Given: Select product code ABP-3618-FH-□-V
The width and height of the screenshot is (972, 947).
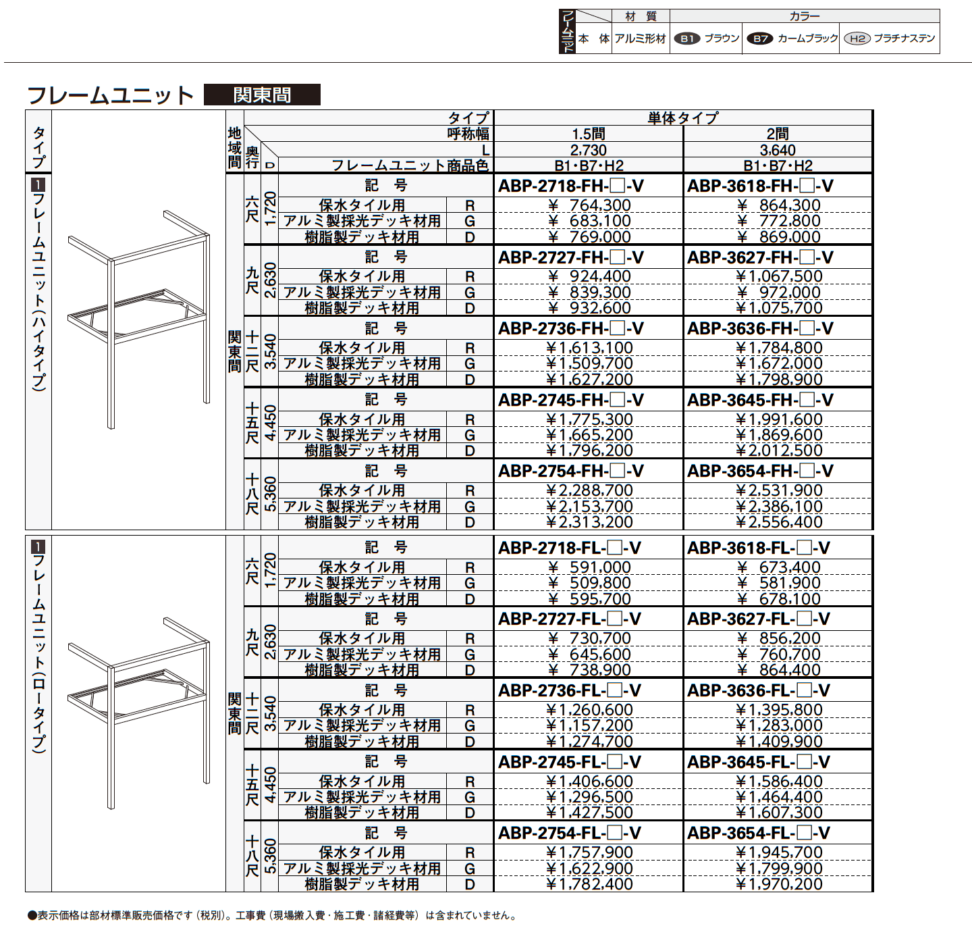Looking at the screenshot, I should pos(760,186).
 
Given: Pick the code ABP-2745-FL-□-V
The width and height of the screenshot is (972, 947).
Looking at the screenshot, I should pos(570,762).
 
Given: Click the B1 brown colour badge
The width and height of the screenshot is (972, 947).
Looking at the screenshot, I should pos(687,39).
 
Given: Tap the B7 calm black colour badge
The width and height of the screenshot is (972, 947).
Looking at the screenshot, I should pos(760,39).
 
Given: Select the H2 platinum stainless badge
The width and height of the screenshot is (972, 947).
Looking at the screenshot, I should pos(857,39).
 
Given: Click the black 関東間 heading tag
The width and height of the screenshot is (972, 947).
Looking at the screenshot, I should pos(262,95).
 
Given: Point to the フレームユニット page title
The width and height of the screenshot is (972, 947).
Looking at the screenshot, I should pos(110,95).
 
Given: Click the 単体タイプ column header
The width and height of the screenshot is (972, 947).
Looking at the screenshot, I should pos(682,118).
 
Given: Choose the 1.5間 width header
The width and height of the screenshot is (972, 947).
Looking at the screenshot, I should pos(588,134).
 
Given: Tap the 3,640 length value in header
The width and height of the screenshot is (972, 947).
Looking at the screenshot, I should pos(777,150).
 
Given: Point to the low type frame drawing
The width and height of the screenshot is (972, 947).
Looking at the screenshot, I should pos(138,713).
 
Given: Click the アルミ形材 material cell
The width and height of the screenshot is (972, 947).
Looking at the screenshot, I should pos(640,39).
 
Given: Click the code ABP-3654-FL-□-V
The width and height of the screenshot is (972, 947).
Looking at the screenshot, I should pos(759,833).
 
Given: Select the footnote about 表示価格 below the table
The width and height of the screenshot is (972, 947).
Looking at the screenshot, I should pos(273,916).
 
